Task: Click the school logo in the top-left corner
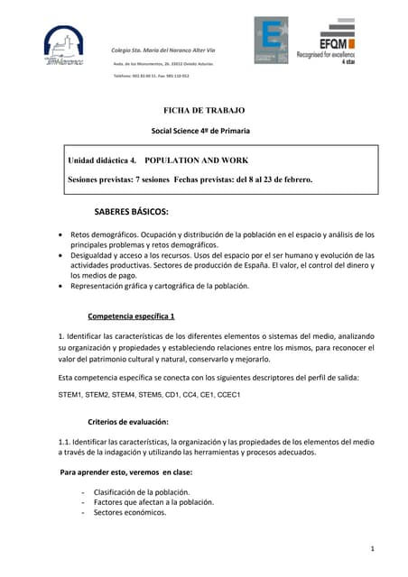point(63,45)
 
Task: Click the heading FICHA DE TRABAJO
point(203,110)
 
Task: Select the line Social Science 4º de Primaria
point(200,131)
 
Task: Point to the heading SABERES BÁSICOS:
point(132,213)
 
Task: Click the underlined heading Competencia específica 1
point(131,316)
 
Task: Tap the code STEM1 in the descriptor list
point(71,395)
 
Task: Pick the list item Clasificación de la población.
point(142,491)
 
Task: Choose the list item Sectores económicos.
point(130,512)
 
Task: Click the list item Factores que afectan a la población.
point(153,502)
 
